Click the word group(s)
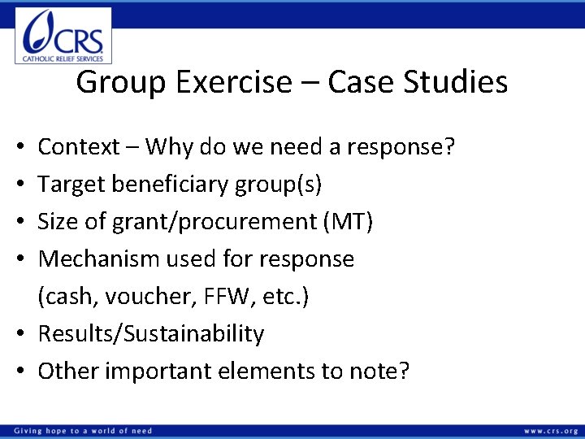[281, 185]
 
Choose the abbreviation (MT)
[347, 222]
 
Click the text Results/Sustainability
[151, 334]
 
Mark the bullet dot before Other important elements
[23, 372]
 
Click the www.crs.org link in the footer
[550, 431]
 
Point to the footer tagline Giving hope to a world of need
[82, 431]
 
